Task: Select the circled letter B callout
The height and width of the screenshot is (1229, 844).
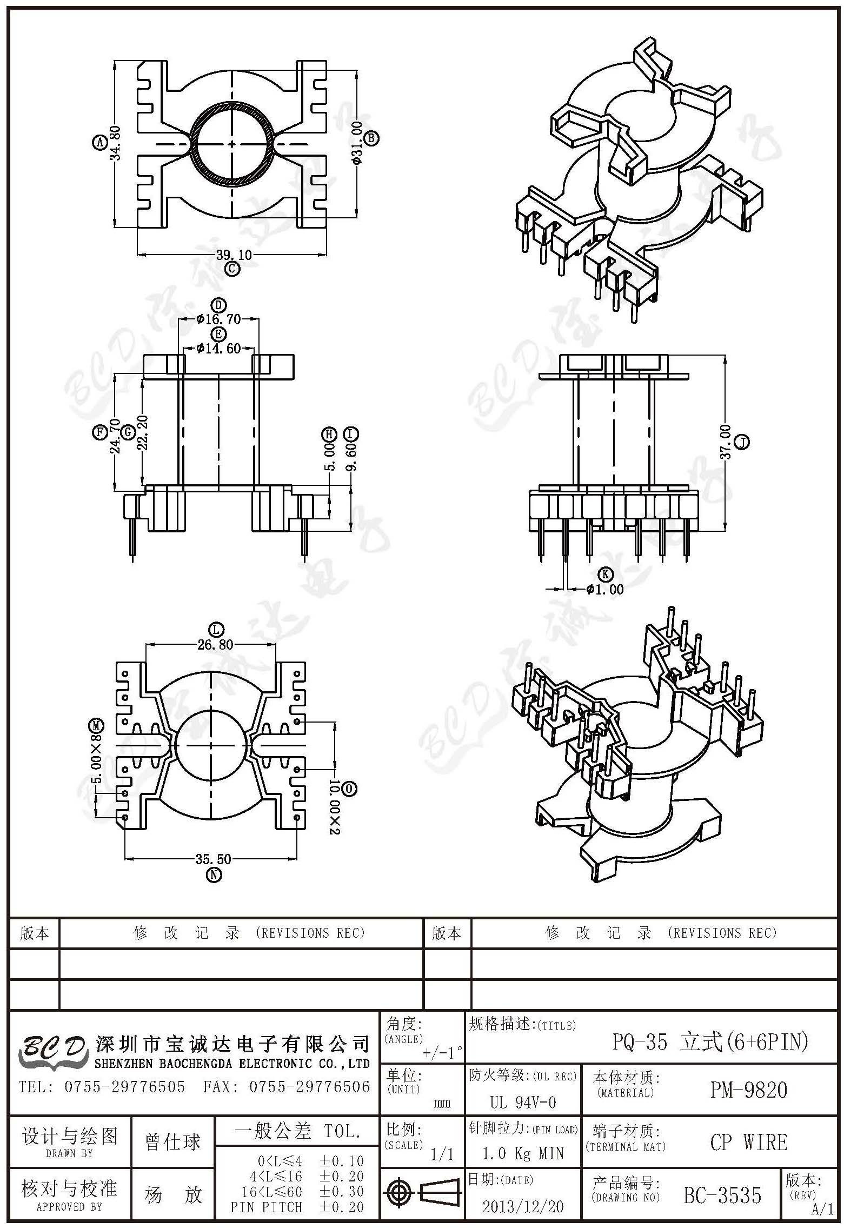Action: click(371, 138)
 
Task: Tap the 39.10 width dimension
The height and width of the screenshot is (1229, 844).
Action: click(234, 255)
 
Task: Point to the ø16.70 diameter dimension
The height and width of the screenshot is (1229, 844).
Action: click(218, 319)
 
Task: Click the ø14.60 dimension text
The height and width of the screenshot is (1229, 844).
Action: click(218, 349)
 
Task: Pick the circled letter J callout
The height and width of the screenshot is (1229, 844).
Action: click(743, 442)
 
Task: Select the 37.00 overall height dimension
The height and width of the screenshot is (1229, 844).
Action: click(726, 442)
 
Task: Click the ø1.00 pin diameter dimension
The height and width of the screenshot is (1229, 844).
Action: click(605, 590)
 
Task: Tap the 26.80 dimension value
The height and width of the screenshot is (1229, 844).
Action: click(215, 645)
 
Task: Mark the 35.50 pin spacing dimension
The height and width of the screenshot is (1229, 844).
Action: click(214, 859)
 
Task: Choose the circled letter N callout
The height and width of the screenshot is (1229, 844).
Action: click(214, 874)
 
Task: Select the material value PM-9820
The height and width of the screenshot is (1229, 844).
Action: click(748, 1090)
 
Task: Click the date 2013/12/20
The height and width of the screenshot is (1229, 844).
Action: click(523, 1206)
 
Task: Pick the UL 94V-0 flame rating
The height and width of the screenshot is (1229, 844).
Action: click(523, 1103)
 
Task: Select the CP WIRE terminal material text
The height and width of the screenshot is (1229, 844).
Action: click(749, 1143)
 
